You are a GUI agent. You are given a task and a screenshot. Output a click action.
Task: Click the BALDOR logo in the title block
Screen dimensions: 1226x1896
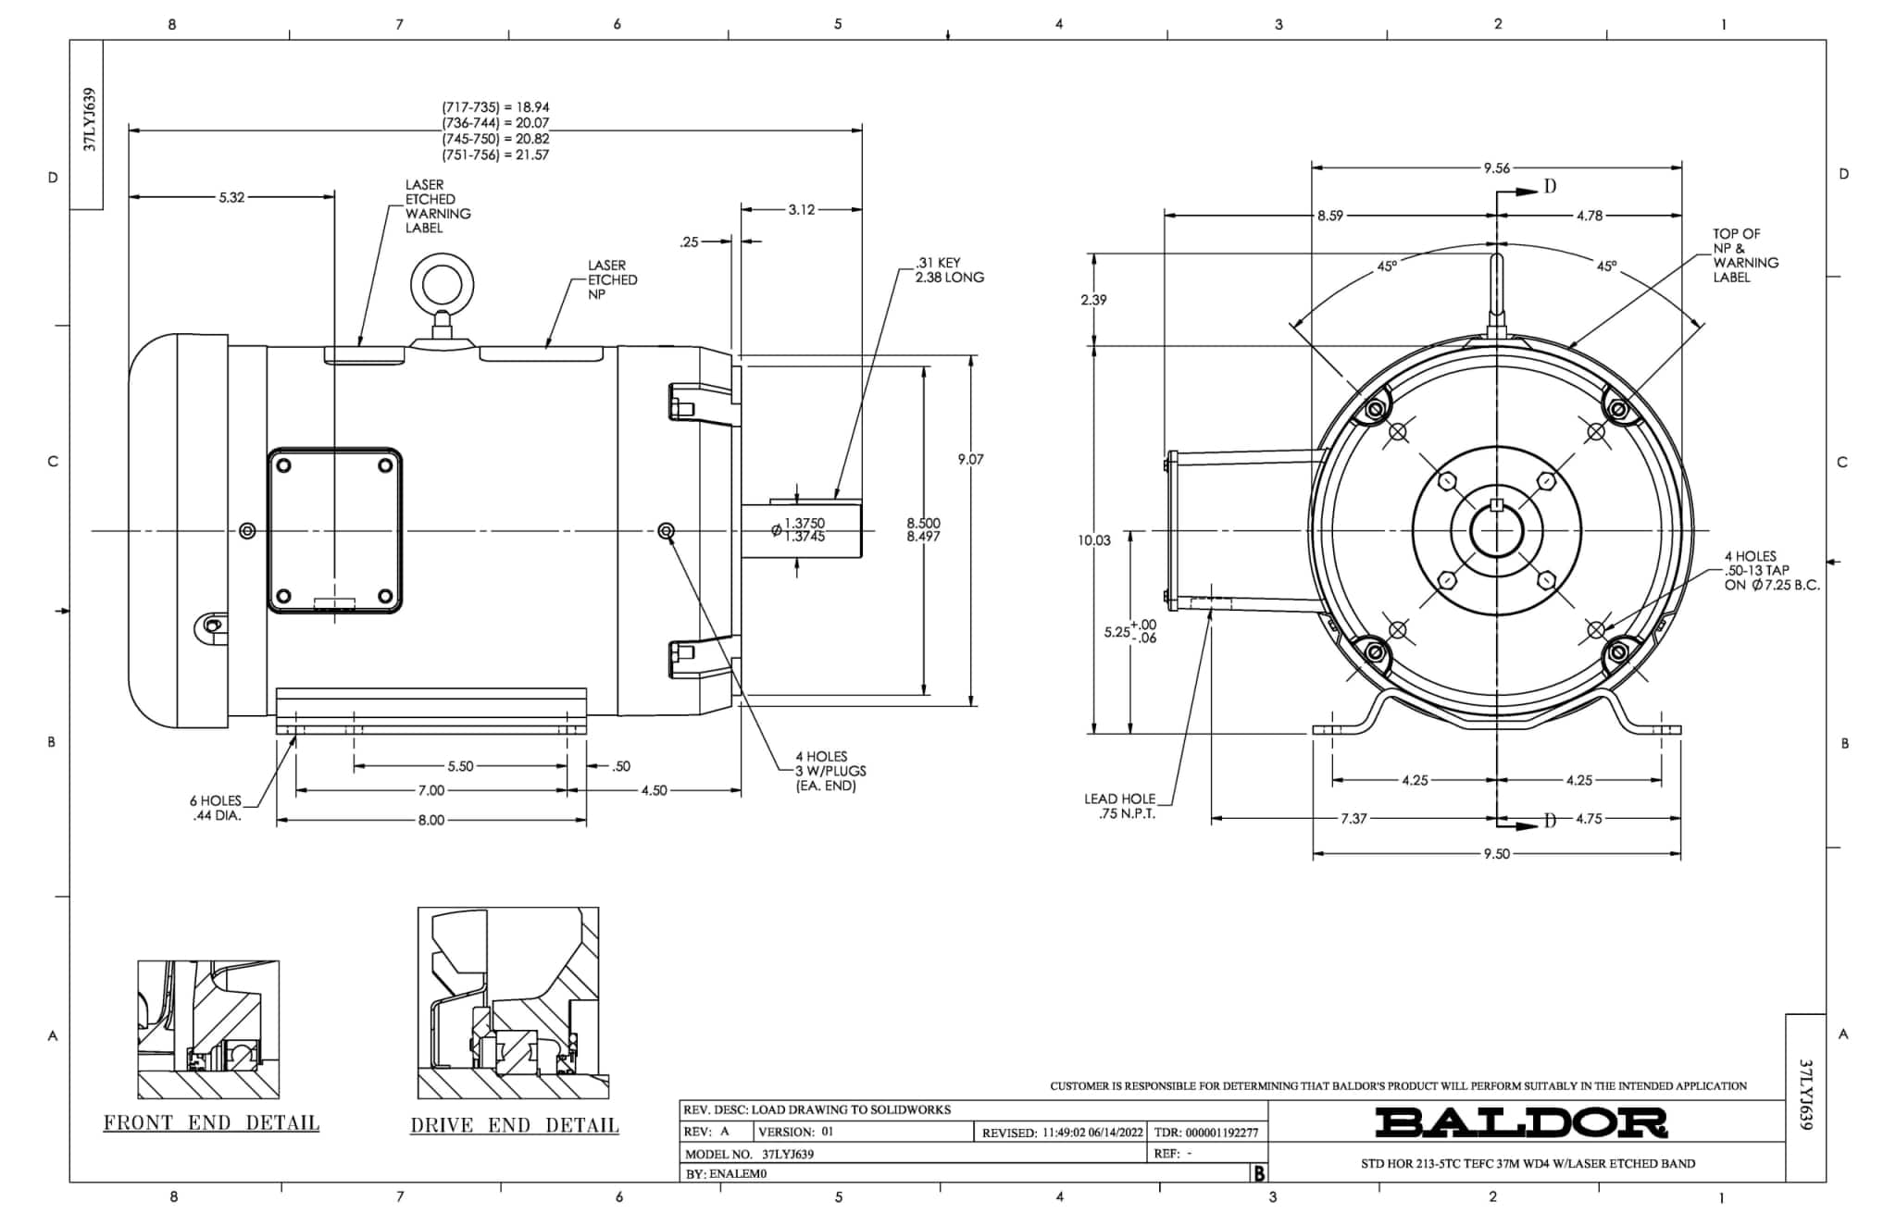click(x=1520, y=1122)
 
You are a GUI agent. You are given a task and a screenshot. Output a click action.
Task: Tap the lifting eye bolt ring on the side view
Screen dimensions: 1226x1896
click(x=442, y=284)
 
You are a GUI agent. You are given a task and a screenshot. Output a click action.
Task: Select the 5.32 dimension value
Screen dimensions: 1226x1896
click(x=231, y=197)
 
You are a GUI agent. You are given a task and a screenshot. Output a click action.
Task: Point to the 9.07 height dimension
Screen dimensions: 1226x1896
click(x=970, y=459)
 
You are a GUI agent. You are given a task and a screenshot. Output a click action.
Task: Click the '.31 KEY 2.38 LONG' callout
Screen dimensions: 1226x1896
click(x=949, y=270)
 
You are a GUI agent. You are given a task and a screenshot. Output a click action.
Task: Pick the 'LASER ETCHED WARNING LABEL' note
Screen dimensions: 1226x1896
click(x=437, y=206)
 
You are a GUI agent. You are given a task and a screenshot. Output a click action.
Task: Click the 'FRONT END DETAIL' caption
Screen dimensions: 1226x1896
click(x=211, y=1123)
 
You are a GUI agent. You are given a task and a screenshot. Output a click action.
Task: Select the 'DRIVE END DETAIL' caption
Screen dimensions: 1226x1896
click(x=515, y=1126)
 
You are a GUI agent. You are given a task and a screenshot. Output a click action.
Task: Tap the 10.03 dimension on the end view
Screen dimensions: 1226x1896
click(x=1093, y=540)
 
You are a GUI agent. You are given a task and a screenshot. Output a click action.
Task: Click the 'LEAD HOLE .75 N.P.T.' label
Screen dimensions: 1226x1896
click(x=1119, y=806)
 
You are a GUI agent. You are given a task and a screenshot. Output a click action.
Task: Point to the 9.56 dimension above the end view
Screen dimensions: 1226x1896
click(x=1496, y=168)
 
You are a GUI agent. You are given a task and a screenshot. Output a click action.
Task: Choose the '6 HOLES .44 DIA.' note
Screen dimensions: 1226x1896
click(x=217, y=808)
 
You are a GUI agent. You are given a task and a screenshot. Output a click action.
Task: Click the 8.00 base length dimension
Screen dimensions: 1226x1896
click(x=430, y=821)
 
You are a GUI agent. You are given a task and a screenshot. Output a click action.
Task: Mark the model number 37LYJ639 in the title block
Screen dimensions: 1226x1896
click(x=788, y=1155)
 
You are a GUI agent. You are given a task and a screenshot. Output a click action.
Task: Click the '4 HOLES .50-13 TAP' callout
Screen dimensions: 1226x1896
click(x=1770, y=571)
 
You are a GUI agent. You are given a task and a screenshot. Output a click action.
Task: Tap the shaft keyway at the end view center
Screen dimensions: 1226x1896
click(x=1497, y=505)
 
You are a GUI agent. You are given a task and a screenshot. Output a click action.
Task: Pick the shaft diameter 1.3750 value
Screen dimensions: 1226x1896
click(x=804, y=524)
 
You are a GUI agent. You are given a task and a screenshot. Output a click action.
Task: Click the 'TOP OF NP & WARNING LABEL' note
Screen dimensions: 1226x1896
click(x=1744, y=255)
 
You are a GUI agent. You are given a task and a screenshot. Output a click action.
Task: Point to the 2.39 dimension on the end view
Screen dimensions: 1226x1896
click(x=1092, y=300)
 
